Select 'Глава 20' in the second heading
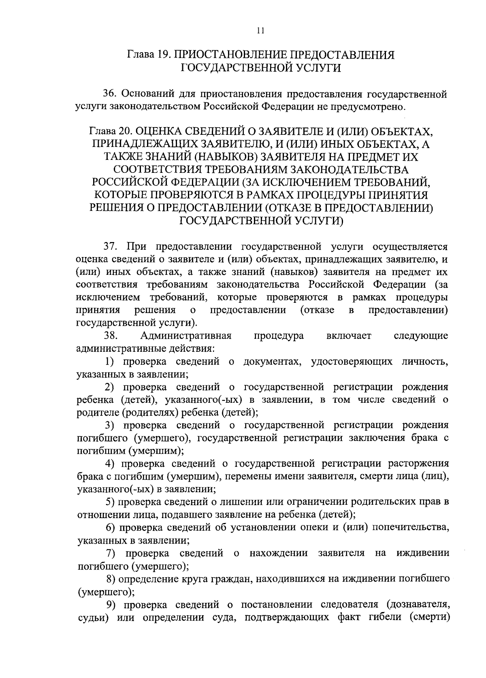tap(109, 132)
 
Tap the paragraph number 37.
tap(110, 247)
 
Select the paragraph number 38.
tap(110, 336)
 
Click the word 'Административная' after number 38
tap(186, 336)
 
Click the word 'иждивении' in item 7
tap(423, 553)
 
